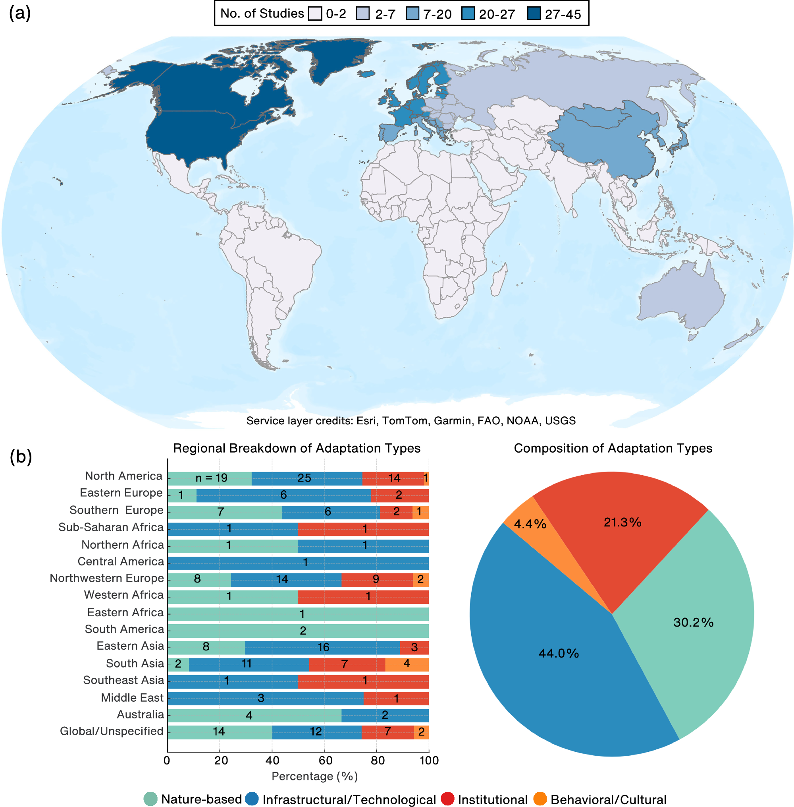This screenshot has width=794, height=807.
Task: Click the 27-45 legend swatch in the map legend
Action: point(534,14)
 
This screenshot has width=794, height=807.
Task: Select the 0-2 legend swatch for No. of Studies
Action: point(315,14)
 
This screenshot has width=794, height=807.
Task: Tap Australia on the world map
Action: point(680,296)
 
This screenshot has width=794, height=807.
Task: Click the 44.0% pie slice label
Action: point(559,653)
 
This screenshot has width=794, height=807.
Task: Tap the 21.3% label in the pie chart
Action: point(622,522)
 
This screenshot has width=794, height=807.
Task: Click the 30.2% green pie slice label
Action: point(693,622)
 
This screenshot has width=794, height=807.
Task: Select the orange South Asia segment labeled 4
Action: point(407,664)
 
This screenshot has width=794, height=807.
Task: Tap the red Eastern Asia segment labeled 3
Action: point(414,647)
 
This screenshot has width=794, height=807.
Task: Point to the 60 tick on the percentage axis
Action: point(325,761)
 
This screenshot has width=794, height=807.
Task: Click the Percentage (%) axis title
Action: point(314,776)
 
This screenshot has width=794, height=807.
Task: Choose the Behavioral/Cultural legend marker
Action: point(540,799)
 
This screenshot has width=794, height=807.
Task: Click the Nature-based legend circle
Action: point(150,799)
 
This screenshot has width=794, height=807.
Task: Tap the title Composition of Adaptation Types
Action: point(613,448)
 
